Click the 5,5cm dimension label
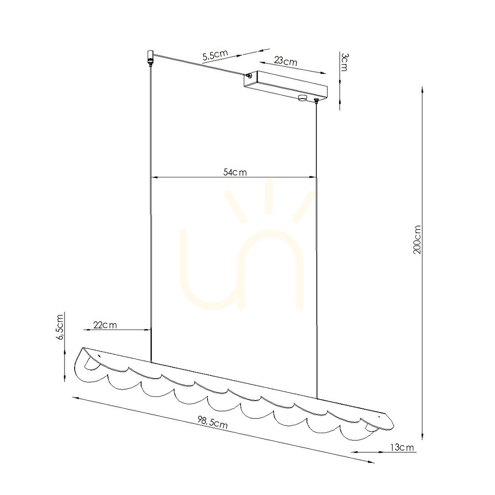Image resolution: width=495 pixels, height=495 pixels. click(215, 55)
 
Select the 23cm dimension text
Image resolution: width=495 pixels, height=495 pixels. click(286, 60)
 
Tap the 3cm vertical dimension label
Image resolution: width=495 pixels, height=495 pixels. click(344, 62)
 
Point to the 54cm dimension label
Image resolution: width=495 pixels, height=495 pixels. click(235, 172)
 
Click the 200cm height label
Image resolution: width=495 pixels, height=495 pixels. click(417, 240)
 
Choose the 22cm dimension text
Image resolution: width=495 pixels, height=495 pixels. click(105, 325)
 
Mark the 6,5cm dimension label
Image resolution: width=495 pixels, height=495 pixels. click(59, 327)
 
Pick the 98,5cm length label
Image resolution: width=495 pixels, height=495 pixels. click(213, 422)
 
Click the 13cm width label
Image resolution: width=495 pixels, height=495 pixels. click(402, 447)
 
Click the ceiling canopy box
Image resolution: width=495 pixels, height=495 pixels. click(286, 85)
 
